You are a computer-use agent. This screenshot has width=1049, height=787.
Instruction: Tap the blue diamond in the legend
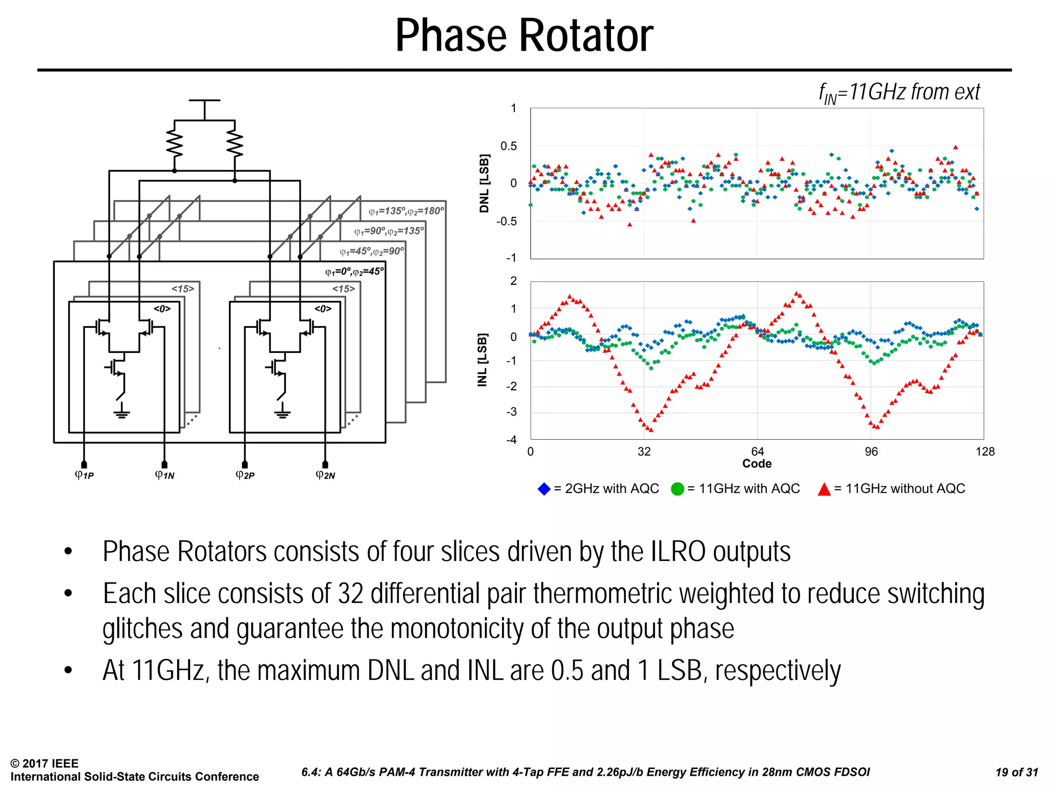(544, 489)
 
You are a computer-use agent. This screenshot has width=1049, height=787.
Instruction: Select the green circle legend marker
(677, 489)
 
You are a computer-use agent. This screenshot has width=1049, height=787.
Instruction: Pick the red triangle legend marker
(824, 489)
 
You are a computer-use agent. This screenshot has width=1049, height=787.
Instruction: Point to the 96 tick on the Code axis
(871, 451)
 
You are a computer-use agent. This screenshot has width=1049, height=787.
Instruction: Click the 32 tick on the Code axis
(644, 451)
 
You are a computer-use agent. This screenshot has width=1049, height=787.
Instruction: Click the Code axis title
(757, 464)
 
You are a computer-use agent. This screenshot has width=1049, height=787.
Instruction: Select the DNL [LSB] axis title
(484, 183)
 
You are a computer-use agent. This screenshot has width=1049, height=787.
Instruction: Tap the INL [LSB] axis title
(482, 360)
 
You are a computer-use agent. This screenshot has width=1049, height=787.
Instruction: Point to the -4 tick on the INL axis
(511, 440)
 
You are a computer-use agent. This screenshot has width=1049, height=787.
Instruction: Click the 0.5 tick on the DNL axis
(509, 146)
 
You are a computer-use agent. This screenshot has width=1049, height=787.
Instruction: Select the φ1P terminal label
(85, 475)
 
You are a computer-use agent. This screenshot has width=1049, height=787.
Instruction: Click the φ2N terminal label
(325, 475)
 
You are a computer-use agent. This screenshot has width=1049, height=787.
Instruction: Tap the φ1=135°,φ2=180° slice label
(406, 211)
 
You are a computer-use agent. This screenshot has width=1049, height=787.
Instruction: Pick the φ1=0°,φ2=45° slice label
(354, 272)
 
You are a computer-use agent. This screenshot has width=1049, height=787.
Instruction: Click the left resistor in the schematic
(175, 145)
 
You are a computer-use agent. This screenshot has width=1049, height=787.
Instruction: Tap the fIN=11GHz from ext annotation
(899, 93)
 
